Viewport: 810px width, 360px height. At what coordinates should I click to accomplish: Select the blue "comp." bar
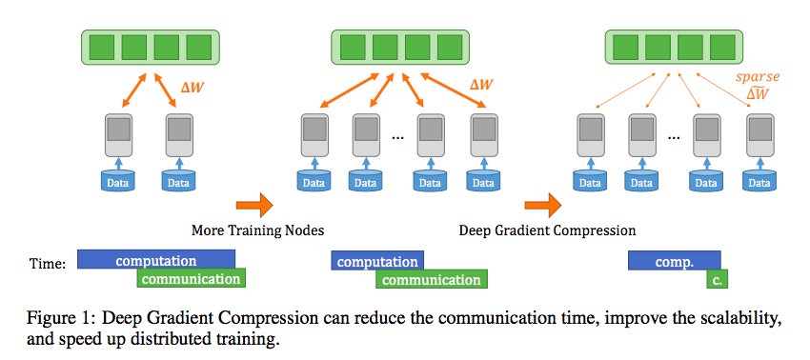674,260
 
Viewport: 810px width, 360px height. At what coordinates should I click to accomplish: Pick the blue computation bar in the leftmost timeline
155,260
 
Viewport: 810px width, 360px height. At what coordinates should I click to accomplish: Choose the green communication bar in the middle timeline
432,279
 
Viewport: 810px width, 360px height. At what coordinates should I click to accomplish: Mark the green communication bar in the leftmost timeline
191,279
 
